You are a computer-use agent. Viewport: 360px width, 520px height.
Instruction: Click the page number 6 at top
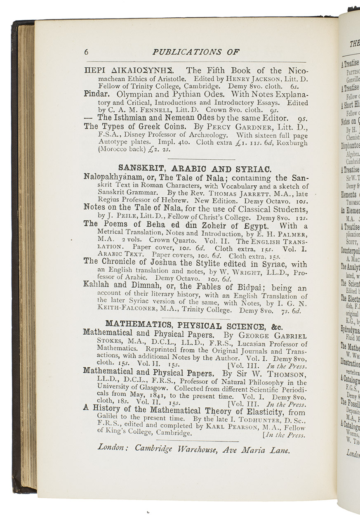click(86, 52)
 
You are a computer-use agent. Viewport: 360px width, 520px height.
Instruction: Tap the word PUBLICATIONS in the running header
click(184, 52)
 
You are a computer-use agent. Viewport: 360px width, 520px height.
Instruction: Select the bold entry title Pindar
click(96, 94)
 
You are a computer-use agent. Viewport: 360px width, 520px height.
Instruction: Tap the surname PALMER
click(292, 234)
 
